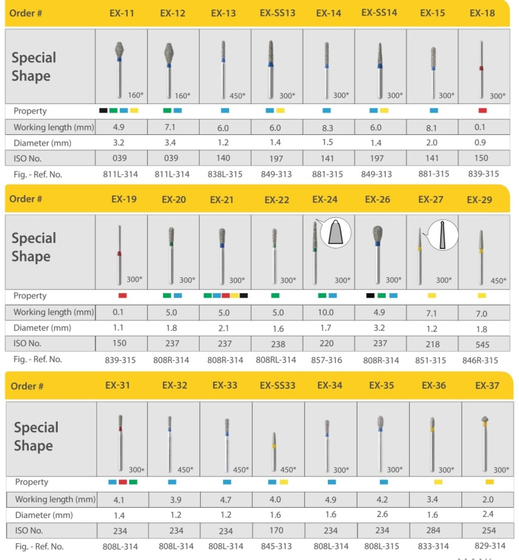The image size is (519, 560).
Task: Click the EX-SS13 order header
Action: tap(277, 13)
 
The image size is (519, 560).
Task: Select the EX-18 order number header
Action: tap(482, 13)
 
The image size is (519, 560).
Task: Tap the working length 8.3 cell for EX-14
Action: tap(328, 127)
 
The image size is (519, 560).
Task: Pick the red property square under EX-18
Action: tap(482, 110)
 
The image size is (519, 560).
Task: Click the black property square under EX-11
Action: tap(103, 110)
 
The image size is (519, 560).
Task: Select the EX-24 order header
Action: tap(325, 200)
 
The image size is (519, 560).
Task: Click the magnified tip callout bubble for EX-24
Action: tap(336, 233)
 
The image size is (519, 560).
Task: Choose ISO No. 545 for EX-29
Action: tap(482, 345)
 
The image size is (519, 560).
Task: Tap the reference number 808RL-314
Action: tap(276, 360)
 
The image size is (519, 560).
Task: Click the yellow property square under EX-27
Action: tap(432, 296)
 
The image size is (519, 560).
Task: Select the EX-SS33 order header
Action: tap(277, 386)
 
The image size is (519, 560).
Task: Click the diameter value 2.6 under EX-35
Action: tap(382, 515)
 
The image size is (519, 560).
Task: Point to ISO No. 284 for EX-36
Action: tap(434, 530)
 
